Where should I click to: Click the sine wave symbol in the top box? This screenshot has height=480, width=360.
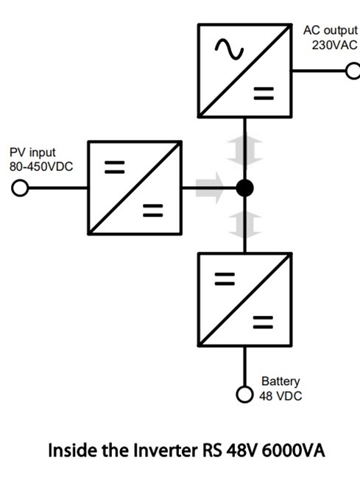[x=229, y=49]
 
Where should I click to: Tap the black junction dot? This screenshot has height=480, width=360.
[x=244, y=188]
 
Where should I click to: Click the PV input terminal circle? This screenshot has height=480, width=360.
[x=20, y=188]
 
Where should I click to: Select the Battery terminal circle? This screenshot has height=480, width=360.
[x=244, y=395]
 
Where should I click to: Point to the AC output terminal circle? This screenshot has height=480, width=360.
[x=353, y=71]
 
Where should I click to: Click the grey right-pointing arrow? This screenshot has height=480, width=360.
[x=210, y=188]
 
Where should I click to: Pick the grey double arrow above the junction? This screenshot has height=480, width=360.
[x=244, y=151]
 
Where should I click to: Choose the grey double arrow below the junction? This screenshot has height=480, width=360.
[x=244, y=225]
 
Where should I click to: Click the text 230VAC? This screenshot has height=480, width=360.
[x=334, y=45]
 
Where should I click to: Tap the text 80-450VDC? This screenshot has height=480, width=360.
[x=41, y=166]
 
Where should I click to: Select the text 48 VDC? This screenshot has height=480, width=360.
[x=280, y=396]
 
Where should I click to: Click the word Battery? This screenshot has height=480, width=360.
[x=280, y=381]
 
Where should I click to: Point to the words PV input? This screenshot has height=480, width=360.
[x=32, y=152]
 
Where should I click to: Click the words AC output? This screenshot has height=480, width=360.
[x=331, y=30]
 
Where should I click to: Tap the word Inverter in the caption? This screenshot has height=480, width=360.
[x=166, y=451]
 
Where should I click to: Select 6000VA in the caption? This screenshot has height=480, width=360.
[x=293, y=451]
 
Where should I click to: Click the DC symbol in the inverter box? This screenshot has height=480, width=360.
[x=264, y=93]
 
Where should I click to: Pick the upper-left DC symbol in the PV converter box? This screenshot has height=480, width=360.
[x=115, y=167]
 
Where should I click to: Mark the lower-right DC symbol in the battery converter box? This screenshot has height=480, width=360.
[x=263, y=322]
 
